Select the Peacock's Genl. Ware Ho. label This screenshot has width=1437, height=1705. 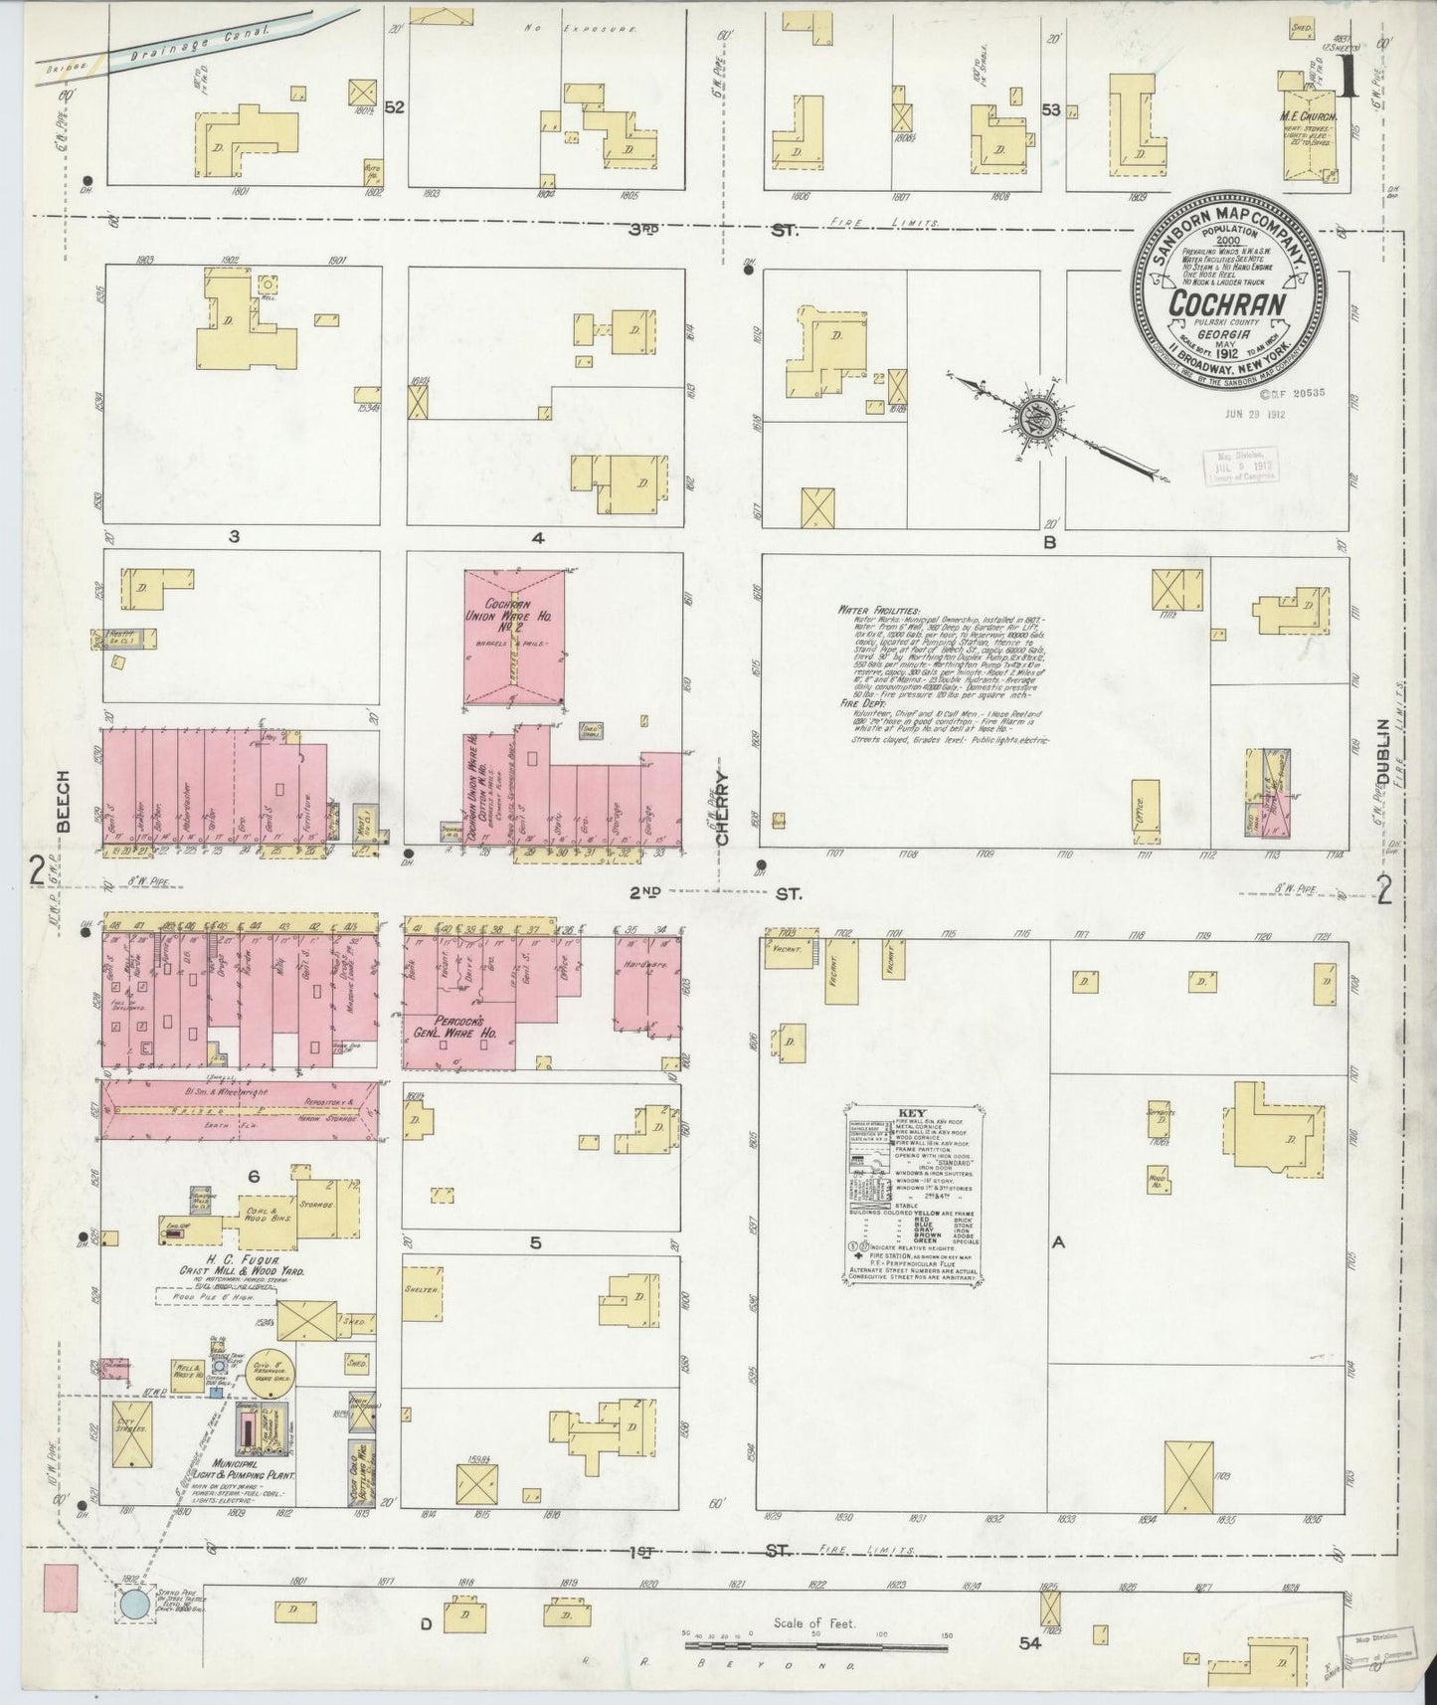(x=456, y=1027)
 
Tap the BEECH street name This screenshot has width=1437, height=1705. (x=63, y=800)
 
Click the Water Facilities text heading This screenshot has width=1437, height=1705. (x=879, y=608)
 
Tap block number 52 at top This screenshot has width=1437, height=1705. (x=394, y=108)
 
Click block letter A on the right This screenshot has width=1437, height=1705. (x=1059, y=1241)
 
